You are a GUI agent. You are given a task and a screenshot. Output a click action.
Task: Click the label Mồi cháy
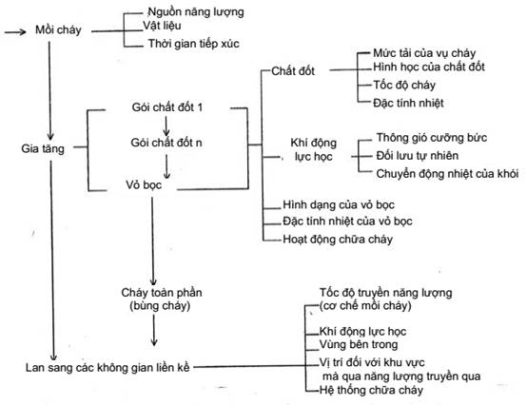58,30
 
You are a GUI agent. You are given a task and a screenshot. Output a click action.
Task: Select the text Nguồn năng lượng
196,12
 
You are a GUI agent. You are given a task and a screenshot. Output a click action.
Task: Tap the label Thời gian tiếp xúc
194,44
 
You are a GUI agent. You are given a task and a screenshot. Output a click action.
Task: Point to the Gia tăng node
43,148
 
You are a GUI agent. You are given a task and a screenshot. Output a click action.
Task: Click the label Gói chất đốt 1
167,107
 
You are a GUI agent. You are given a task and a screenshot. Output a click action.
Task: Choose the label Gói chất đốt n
166,143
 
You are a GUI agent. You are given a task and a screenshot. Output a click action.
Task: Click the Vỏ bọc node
144,185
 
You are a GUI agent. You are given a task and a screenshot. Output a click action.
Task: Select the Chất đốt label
293,71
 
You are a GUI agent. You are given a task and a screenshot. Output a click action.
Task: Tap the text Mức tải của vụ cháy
424,53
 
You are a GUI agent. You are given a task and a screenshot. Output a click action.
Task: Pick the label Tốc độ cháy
404,85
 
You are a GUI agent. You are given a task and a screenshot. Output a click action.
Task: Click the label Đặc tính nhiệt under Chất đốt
408,103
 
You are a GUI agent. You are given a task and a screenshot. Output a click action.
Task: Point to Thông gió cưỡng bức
432,138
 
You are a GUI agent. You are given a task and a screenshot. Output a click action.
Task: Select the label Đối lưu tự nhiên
417,156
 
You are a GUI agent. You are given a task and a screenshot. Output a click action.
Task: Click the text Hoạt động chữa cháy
338,240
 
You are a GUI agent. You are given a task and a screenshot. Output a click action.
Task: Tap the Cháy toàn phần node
162,299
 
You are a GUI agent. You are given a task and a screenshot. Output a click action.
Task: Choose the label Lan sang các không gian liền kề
107,368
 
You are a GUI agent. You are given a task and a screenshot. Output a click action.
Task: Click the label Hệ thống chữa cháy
371,390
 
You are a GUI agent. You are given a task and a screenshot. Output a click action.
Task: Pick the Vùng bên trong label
359,344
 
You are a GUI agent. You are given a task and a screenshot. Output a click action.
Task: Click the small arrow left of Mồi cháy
15,32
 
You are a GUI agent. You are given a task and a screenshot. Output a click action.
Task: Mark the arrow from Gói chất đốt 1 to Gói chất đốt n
166,125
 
